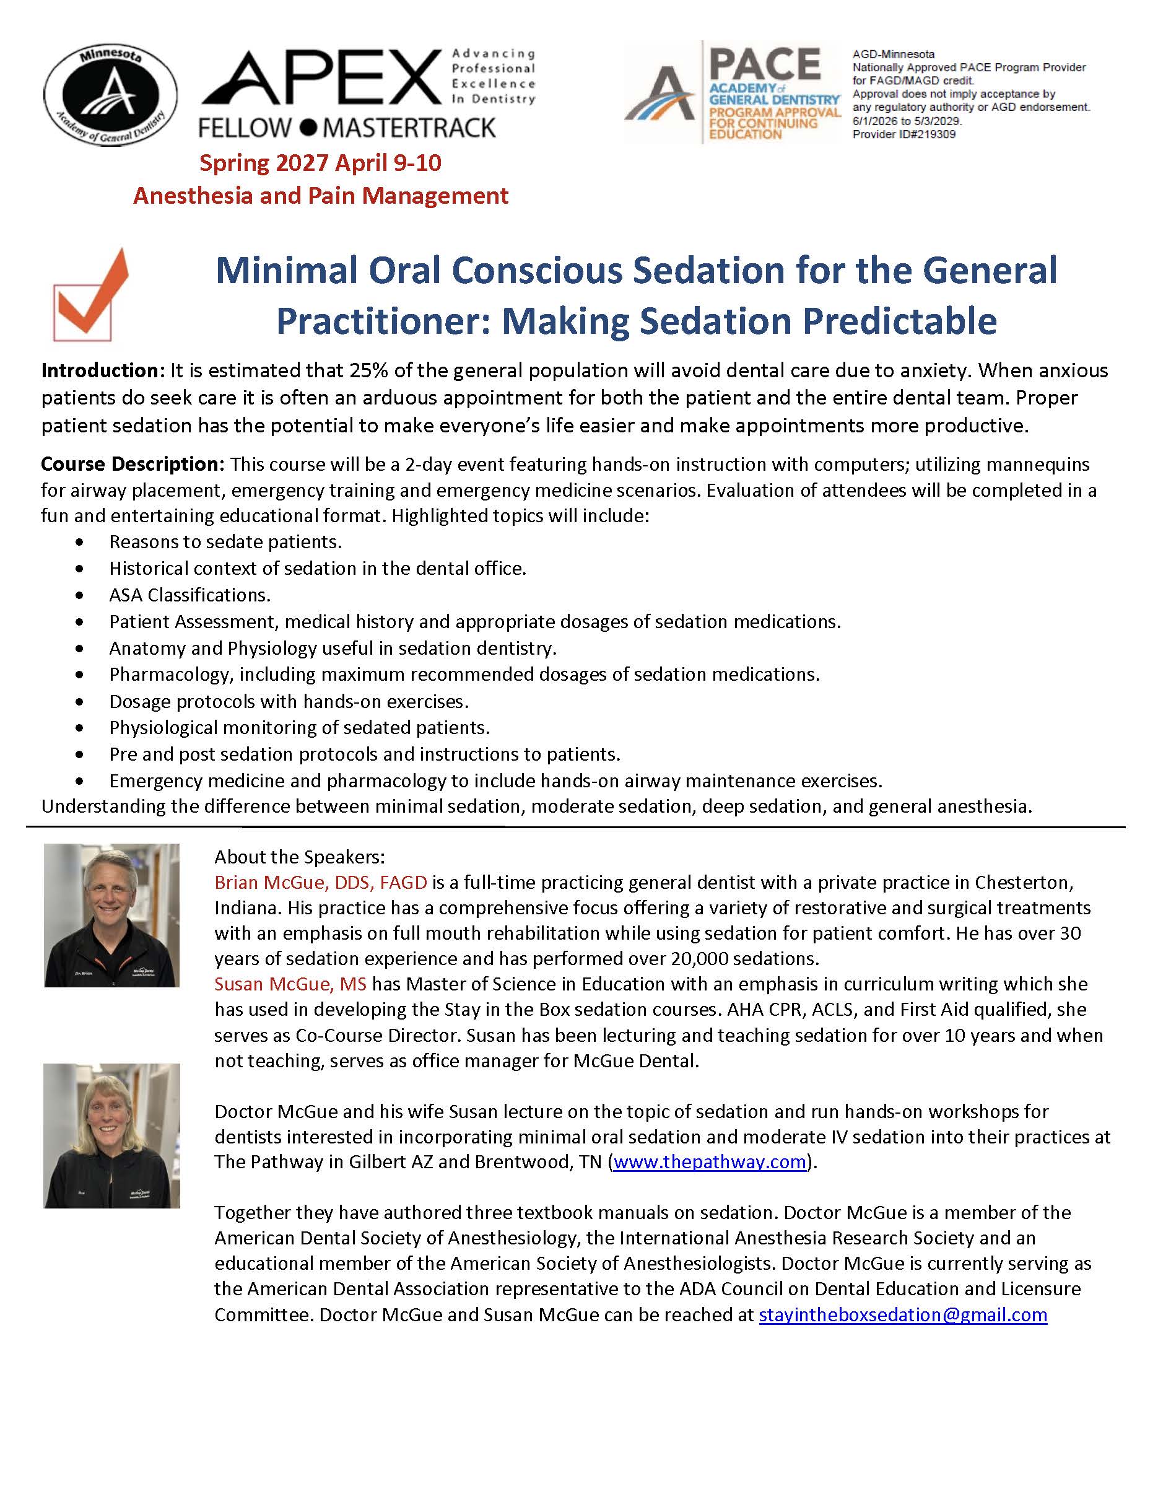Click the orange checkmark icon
click(91, 295)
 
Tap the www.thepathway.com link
click(709, 1161)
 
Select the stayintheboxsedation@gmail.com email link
click(903, 1314)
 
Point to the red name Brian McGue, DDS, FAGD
click(320, 882)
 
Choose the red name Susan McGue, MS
click(290, 984)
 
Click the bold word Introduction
click(100, 370)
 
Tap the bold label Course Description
click(132, 464)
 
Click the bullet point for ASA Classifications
click(81, 595)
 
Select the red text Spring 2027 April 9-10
click(320, 163)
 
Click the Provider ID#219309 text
click(903, 134)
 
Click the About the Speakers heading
click(300, 857)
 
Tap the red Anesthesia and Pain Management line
click(320, 196)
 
